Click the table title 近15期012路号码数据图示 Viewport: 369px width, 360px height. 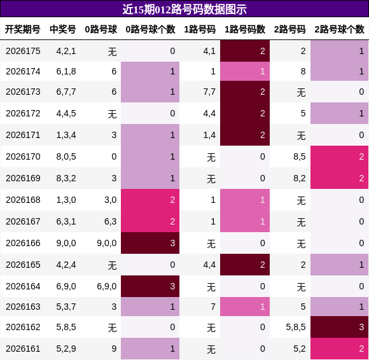[184, 10]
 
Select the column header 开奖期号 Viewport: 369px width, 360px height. [23, 29]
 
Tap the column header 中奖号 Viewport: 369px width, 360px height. [63, 29]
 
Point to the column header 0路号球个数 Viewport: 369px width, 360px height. [150, 29]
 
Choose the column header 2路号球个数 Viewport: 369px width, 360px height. [339, 29]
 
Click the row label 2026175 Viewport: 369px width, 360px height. [23, 51]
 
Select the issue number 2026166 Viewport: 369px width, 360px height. [23, 243]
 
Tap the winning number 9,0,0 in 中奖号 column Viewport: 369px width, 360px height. [66, 244]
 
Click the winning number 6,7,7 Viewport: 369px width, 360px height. [66, 92]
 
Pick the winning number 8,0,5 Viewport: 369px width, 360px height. [66, 156]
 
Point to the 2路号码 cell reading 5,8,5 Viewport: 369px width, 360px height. [296, 327]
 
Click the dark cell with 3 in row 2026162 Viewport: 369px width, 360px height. [339, 327]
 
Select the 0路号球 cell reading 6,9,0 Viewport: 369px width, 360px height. [107, 287]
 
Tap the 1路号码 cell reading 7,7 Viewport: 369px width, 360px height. [209, 92]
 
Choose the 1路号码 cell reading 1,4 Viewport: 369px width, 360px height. [209, 135]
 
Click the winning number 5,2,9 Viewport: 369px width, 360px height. [66, 349]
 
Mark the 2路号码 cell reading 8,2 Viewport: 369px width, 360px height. [300, 178]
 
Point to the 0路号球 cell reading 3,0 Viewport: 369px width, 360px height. [111, 200]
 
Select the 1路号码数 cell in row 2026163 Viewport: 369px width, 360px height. [245, 307]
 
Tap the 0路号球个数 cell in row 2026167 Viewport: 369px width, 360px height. [150, 221]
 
